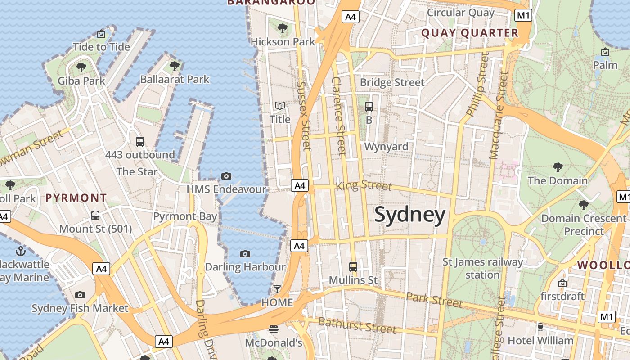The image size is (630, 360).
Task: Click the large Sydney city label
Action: tap(409, 215)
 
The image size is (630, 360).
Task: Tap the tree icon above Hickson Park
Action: tap(283, 28)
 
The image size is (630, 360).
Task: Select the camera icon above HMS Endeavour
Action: tap(226, 176)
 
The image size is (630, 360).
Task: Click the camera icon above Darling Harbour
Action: tap(245, 254)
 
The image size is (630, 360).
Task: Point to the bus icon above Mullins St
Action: tap(353, 266)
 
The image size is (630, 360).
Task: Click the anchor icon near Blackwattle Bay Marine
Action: tap(20, 251)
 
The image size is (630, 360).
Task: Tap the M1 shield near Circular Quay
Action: tap(523, 16)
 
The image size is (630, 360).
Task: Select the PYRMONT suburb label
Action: tap(76, 198)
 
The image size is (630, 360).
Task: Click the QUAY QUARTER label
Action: tap(470, 33)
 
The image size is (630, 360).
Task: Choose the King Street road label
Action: tap(364, 185)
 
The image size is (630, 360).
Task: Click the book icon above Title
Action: tap(280, 106)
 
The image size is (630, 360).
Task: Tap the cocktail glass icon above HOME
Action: tap(277, 289)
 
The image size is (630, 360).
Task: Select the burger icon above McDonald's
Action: tap(273, 329)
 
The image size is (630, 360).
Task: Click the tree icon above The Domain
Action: tap(558, 167)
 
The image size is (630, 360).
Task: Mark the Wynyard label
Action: tap(386, 147)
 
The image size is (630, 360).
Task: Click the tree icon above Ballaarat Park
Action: tap(175, 66)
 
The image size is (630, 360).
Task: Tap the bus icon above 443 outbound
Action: tap(140, 141)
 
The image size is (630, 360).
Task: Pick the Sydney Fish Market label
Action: tap(80, 308)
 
